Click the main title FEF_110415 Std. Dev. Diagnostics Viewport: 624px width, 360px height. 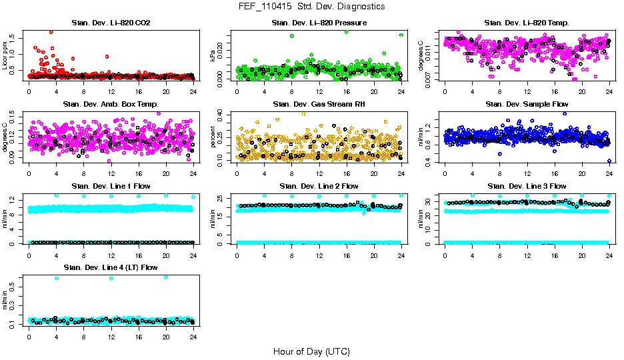311,7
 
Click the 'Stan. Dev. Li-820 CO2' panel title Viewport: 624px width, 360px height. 111,23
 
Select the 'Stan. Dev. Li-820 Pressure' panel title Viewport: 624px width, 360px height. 319,23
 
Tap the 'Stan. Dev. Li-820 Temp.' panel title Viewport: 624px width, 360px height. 527,23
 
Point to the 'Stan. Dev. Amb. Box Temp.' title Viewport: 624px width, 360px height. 111,105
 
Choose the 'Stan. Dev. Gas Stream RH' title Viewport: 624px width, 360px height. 319,105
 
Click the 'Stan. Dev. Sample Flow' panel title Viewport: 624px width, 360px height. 527,105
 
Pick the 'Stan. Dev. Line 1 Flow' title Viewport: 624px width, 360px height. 111,186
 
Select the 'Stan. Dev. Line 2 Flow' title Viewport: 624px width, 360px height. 319,186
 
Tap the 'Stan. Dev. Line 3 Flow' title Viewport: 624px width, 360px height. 527,186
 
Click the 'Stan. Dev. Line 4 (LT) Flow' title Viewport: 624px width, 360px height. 111,267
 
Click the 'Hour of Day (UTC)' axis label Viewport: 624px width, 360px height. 311,351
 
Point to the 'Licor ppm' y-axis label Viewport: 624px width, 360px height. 5,56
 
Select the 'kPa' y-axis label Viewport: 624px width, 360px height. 213,56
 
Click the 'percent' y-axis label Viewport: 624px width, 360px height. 213,137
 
